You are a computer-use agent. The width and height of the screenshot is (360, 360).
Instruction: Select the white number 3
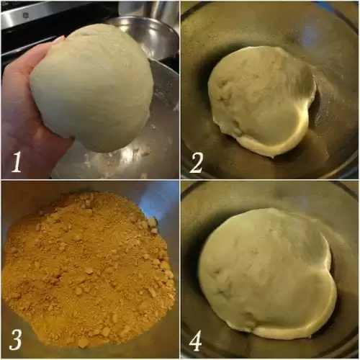(16, 340)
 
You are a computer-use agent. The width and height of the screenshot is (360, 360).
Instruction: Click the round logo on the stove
(24, 16)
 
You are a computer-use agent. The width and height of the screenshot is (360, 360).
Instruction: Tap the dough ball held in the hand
(92, 88)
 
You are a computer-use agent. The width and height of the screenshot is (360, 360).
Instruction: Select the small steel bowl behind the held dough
(144, 36)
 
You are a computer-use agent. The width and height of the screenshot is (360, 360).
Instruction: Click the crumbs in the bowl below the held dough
(144, 151)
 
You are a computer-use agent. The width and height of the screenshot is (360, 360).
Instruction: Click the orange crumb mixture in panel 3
(89, 266)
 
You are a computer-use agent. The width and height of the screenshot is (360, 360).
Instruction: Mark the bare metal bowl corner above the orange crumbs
(158, 200)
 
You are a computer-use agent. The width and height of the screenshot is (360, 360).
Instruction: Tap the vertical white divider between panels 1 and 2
(180, 90)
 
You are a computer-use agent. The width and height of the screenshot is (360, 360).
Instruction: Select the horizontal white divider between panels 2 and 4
(270, 180)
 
